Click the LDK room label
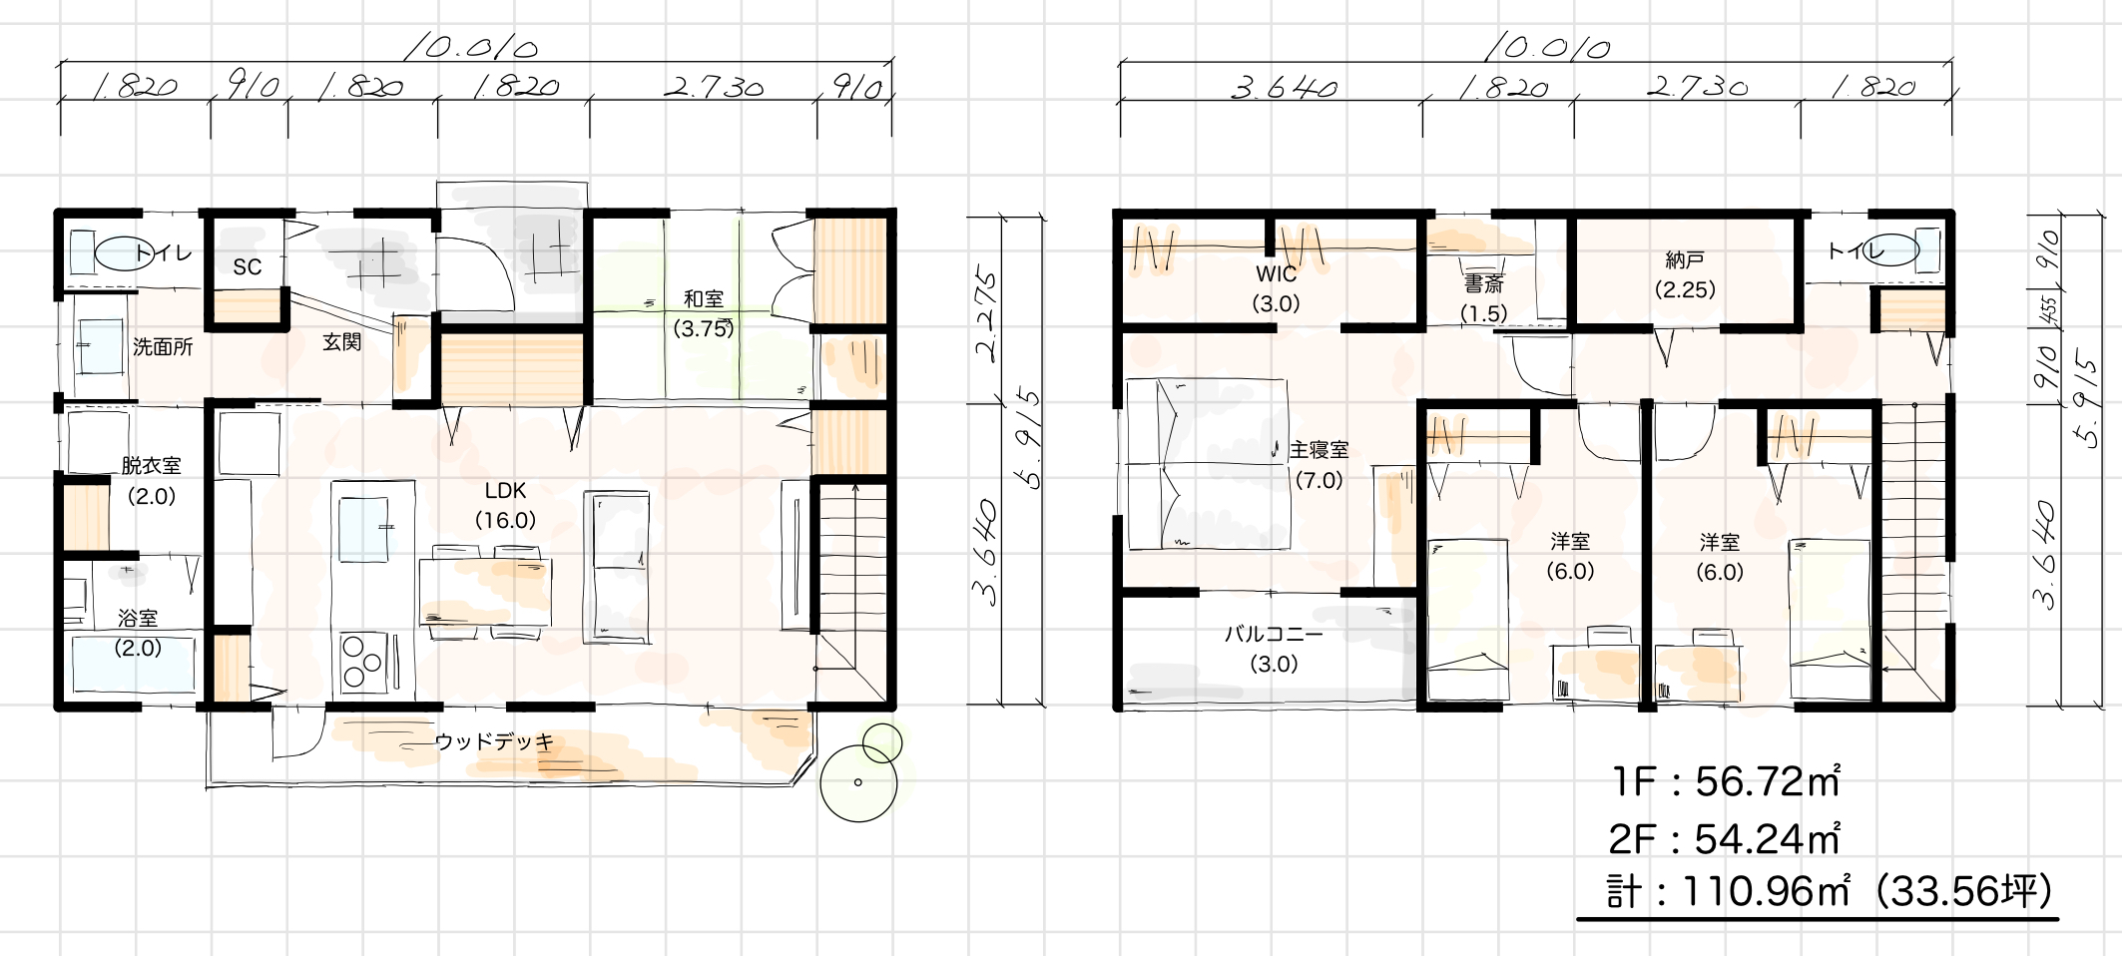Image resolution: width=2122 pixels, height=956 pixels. point(505,491)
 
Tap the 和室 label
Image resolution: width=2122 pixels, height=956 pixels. point(704,298)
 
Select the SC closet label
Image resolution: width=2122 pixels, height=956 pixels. point(248,266)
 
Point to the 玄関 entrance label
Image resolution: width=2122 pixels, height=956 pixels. point(341,342)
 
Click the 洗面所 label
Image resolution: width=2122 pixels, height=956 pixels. point(163,348)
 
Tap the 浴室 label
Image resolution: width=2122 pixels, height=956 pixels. point(138,619)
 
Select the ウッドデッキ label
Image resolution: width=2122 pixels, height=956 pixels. point(494,741)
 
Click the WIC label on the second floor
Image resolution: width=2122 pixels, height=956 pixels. point(1276,273)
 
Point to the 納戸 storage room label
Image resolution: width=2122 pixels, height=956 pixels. point(1685,260)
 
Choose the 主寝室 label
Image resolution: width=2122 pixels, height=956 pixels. point(1319,450)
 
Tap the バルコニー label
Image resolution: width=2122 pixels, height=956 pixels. point(1274,634)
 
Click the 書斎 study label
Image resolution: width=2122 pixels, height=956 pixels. point(1483,284)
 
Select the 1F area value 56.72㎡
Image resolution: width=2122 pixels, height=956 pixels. point(1767,781)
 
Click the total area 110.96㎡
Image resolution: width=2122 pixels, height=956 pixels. point(1767,890)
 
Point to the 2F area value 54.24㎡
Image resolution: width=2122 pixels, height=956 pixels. point(1767,839)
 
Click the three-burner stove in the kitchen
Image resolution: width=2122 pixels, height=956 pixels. point(363,661)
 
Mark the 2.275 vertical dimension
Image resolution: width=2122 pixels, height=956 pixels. point(986,314)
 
